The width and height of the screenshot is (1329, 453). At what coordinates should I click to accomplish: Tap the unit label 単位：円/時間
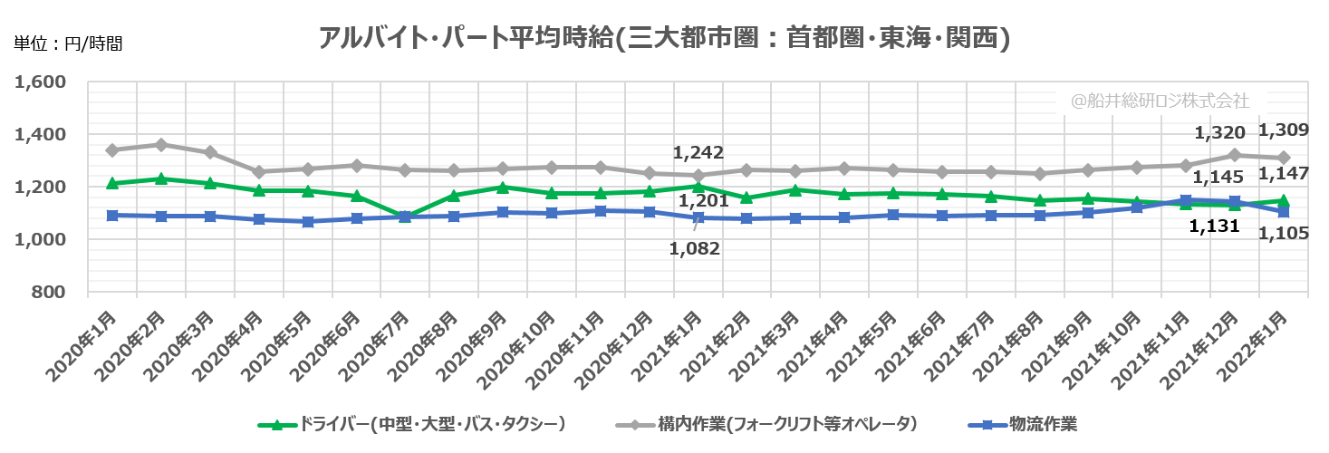67,42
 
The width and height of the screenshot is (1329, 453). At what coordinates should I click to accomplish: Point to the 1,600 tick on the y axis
42,82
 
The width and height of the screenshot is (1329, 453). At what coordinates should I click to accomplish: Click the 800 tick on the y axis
51,292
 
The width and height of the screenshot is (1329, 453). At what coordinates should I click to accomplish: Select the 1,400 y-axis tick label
42,135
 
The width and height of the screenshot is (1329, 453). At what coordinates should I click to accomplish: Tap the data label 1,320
1219,133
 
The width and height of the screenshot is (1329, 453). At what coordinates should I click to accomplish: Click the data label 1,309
1284,130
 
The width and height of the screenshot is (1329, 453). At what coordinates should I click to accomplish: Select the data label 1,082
695,248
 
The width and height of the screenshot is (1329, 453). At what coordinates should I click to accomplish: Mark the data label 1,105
1284,234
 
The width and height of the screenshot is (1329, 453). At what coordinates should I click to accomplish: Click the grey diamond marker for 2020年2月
160,145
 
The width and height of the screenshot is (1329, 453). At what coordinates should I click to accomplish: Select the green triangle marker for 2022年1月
1284,200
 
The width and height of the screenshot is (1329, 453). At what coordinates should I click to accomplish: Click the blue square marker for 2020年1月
111,216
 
